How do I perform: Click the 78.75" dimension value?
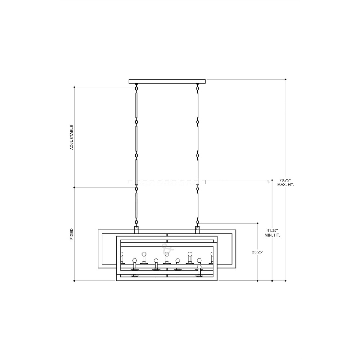click(x=285, y=180)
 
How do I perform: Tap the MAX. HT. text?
click(x=285, y=185)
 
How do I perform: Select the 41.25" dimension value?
click(x=272, y=230)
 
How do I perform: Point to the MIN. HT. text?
click(x=272, y=235)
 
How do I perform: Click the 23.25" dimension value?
click(x=258, y=252)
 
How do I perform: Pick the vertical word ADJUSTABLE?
click(x=72, y=137)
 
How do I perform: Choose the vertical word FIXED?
click(x=72, y=234)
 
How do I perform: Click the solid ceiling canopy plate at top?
click(x=167, y=81)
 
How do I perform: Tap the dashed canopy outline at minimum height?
click(x=167, y=182)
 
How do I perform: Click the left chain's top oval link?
click(x=136, y=88)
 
